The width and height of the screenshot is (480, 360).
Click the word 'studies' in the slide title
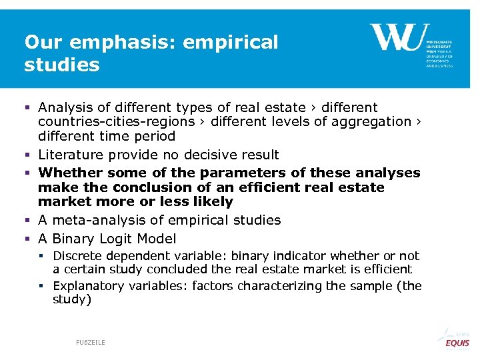61,65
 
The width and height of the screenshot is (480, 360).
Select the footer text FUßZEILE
90,342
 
